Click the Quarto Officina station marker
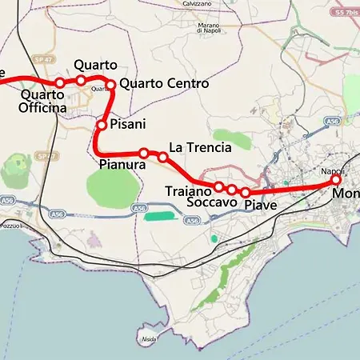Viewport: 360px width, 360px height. (x=60, y=83)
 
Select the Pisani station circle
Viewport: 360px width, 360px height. (x=102, y=125)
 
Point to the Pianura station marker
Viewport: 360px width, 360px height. (x=144, y=153)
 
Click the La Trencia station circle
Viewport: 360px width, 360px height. (x=163, y=157)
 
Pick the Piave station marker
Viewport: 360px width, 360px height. (x=246, y=193)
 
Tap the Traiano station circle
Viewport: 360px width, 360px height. (x=218, y=186)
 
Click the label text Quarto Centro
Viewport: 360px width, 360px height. (x=164, y=84)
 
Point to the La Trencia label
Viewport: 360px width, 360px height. (x=200, y=148)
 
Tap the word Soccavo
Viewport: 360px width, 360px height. (x=211, y=203)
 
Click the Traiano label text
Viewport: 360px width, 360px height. (x=188, y=191)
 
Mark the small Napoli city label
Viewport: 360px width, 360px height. (x=332, y=171)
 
